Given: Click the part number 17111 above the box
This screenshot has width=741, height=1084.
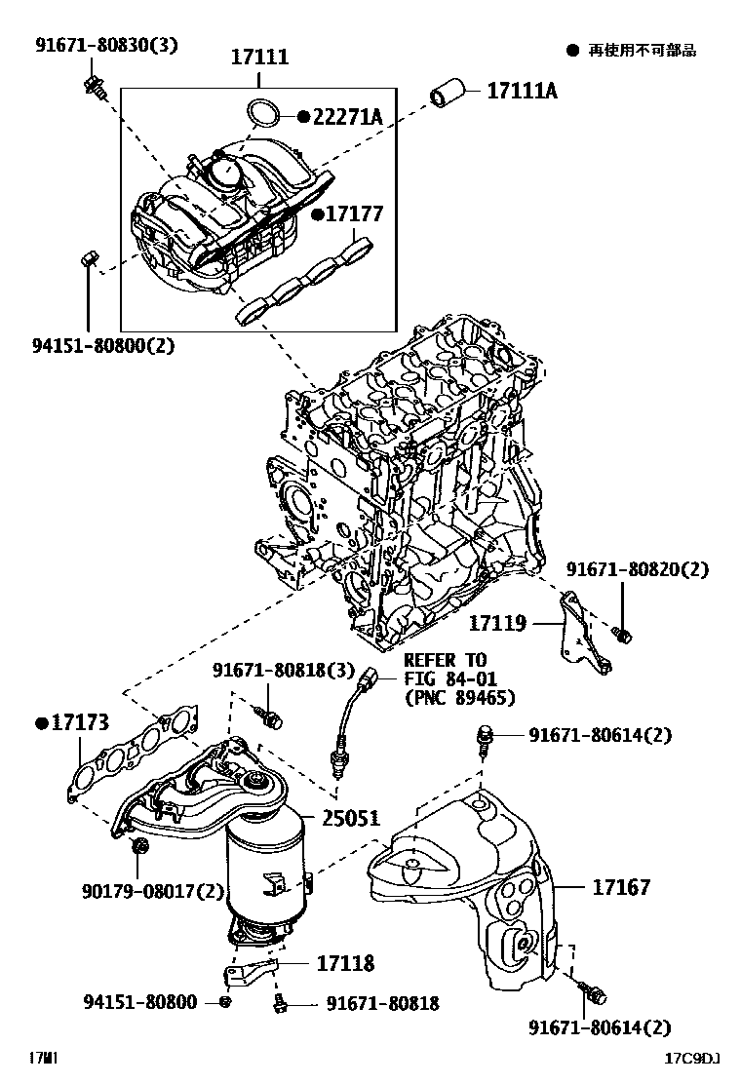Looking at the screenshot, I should click(259, 58).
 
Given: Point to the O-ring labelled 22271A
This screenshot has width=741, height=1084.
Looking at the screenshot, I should click(260, 114).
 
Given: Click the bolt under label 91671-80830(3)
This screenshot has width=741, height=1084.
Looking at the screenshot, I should click(95, 85).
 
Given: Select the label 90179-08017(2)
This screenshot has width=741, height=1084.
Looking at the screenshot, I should click(153, 891).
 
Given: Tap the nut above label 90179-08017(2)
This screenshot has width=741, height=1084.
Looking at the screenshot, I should click(139, 846).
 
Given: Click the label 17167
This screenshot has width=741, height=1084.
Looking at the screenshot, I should click(621, 888).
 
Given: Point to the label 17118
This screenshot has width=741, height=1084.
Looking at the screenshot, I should click(344, 963).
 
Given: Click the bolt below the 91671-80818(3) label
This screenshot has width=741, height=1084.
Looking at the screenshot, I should click(272, 717).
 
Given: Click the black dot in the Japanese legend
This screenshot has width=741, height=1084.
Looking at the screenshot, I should click(572, 50).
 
